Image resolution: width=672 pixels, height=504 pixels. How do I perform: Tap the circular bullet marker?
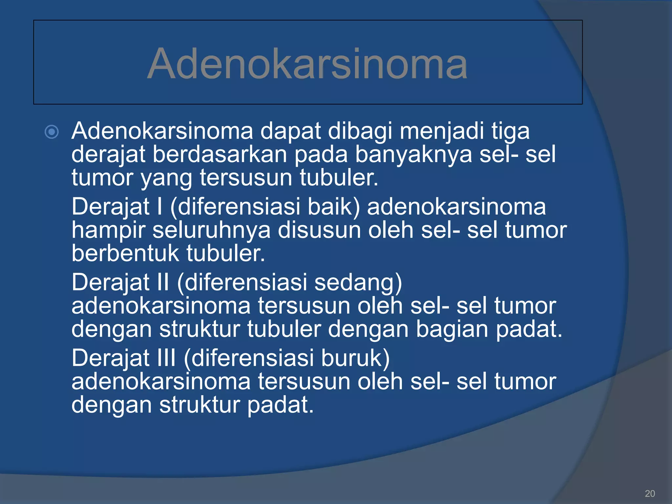tap(52, 132)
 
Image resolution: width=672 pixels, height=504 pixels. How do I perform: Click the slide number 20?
tap(650, 493)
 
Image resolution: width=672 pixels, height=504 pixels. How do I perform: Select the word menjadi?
tap(442, 131)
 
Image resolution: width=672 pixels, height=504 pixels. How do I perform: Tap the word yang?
tap(166, 178)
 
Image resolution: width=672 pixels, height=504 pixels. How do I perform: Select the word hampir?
tap(108, 230)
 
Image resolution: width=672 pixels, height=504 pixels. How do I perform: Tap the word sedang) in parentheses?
tap(358, 283)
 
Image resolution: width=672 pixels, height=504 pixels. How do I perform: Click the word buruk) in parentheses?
tap(355, 358)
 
